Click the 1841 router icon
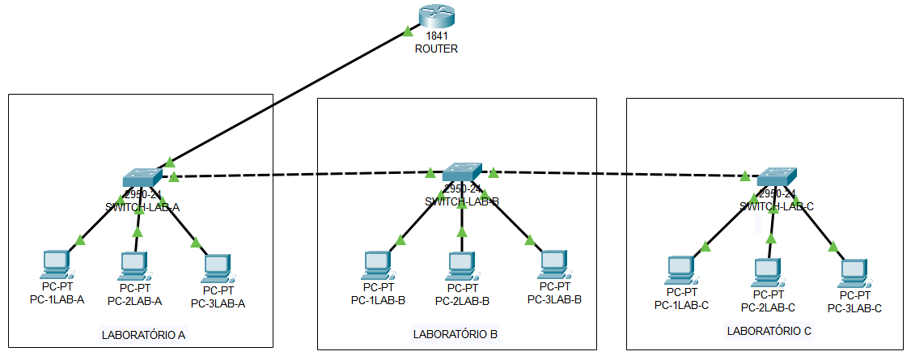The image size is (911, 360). (437, 15)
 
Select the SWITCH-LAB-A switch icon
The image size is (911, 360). (142, 178)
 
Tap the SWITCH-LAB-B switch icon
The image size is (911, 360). (462, 172)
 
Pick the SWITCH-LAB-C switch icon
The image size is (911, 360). (777, 176)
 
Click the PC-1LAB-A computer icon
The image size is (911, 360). (56, 264)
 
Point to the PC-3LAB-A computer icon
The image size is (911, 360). (217, 268)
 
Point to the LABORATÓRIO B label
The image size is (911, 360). (455, 333)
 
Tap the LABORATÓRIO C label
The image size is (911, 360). (769, 330)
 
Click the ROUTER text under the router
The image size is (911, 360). (436, 49)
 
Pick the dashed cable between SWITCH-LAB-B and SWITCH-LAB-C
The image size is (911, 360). (615, 173)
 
